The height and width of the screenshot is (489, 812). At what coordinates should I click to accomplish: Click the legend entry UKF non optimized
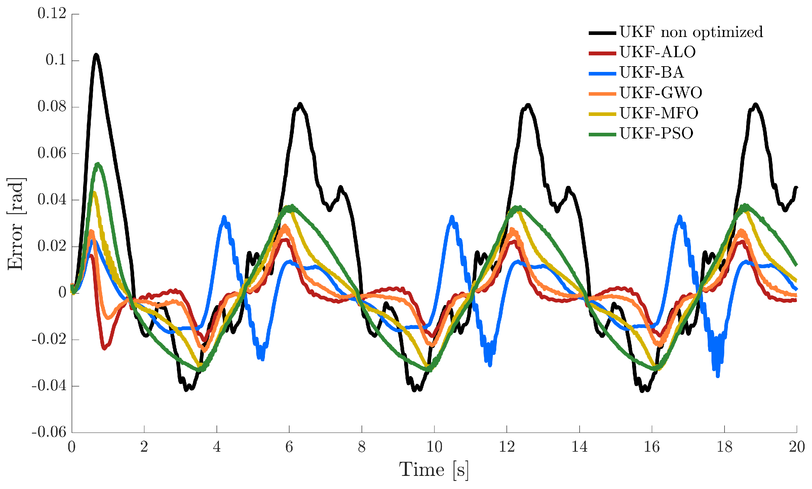pos(691,32)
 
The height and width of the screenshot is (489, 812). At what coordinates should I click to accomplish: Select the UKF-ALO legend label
pos(657,52)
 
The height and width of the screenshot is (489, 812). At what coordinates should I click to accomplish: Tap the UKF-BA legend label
pos(651,73)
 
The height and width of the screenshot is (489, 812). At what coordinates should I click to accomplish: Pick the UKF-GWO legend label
pos(661,93)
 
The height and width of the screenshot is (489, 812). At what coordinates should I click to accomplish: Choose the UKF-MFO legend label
pos(659,113)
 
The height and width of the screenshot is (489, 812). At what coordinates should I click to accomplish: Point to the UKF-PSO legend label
pos(656,134)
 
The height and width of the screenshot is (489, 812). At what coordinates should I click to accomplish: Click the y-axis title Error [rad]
pos(15,223)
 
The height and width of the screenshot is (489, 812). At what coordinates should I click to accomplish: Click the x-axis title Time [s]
pos(434,470)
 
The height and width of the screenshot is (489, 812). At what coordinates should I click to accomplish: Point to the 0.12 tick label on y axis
pos(52,14)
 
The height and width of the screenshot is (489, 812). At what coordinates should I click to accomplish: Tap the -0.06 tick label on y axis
pos(49,432)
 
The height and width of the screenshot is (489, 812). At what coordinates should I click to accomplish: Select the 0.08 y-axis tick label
pos(52,107)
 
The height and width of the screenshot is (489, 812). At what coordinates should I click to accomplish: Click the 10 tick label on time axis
pos(434,447)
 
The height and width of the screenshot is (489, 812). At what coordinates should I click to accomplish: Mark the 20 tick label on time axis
pos(797,447)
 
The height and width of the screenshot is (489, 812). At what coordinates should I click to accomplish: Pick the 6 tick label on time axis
pos(289,447)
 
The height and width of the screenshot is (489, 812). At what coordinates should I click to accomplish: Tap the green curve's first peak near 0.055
pos(98,164)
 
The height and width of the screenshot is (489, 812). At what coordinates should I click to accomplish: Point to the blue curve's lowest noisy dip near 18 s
pos(718,376)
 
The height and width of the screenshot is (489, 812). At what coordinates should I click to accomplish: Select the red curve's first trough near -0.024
pos(104,348)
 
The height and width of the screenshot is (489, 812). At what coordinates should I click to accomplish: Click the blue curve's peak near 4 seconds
pos(224,217)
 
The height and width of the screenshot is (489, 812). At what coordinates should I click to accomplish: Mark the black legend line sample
pos(602,33)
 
